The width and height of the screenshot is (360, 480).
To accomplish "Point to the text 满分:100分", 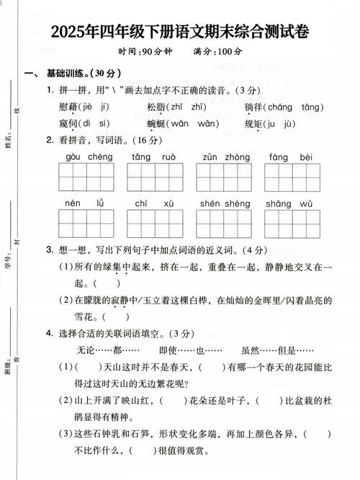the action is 217,53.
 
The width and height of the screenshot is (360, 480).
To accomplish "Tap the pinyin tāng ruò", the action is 153,156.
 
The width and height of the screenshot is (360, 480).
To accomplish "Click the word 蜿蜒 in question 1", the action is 158,123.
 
